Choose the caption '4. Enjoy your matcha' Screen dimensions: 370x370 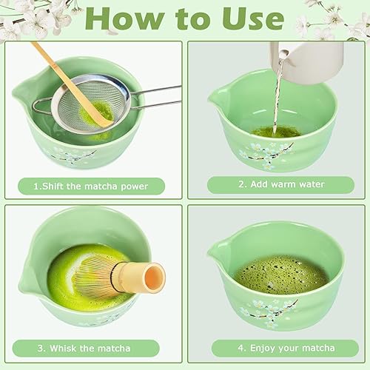click(275, 348)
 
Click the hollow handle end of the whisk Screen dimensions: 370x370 click(154, 277)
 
